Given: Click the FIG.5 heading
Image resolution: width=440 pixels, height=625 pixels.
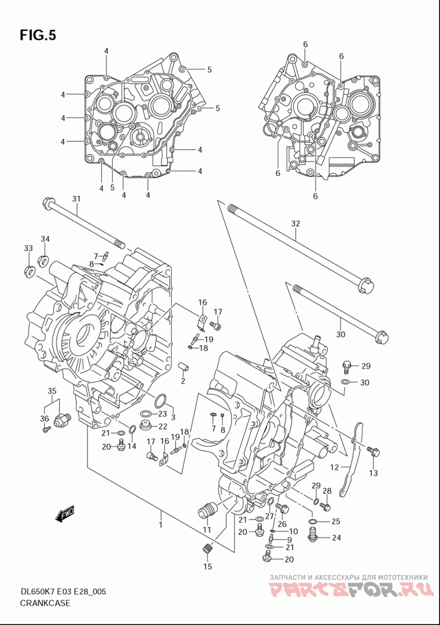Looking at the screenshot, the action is [38, 35].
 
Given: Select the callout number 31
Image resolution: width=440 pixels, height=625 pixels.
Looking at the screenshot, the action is [76, 198].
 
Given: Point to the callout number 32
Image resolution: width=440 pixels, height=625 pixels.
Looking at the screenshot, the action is [295, 224].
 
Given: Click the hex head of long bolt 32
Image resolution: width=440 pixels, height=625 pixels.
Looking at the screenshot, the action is [366, 286].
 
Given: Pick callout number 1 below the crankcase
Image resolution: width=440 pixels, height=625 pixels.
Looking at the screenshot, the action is [161, 525].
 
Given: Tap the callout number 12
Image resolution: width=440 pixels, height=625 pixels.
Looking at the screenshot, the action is [334, 467].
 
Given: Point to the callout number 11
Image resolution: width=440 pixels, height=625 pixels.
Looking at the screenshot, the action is [207, 530].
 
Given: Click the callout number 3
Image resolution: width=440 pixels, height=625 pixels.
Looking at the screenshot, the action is [173, 417].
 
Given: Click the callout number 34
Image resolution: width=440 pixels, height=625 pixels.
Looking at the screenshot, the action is [45, 239].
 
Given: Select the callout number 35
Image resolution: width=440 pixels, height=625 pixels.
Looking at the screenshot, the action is [52, 390].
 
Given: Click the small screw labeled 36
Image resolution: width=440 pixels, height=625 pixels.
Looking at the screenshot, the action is [47, 430].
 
